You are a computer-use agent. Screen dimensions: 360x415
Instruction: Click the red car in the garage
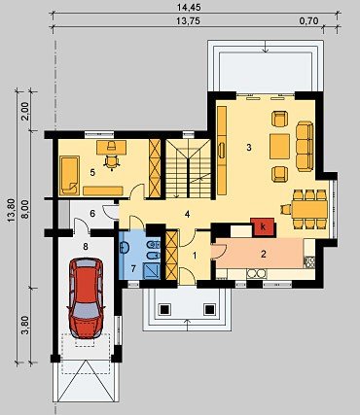[86, 298]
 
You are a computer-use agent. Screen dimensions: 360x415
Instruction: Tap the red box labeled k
[263, 226]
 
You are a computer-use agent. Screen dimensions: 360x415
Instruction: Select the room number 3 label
[249, 148]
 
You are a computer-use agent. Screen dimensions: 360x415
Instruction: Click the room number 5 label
[92, 173]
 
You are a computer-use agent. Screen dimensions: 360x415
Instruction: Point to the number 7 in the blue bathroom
[133, 268]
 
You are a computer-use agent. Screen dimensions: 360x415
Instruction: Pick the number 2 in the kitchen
[264, 254]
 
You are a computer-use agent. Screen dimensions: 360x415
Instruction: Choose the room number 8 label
[86, 247]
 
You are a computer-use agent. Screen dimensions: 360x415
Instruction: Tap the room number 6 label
[92, 214]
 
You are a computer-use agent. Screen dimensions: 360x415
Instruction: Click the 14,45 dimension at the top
[187, 6]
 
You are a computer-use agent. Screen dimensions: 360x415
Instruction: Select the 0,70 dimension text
[309, 21]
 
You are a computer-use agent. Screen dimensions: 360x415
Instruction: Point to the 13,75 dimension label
[188, 21]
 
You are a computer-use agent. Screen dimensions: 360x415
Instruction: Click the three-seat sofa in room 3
[305, 146]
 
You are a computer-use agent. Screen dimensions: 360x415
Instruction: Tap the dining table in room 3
[309, 209]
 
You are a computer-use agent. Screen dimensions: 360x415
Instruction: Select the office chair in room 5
[111, 161]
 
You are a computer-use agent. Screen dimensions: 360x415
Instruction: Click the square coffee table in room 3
[279, 147]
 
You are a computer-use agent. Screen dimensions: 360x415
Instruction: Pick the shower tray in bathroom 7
[152, 271]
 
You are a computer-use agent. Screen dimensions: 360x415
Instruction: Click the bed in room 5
[70, 175]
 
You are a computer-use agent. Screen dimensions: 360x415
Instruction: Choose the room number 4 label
[187, 214]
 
